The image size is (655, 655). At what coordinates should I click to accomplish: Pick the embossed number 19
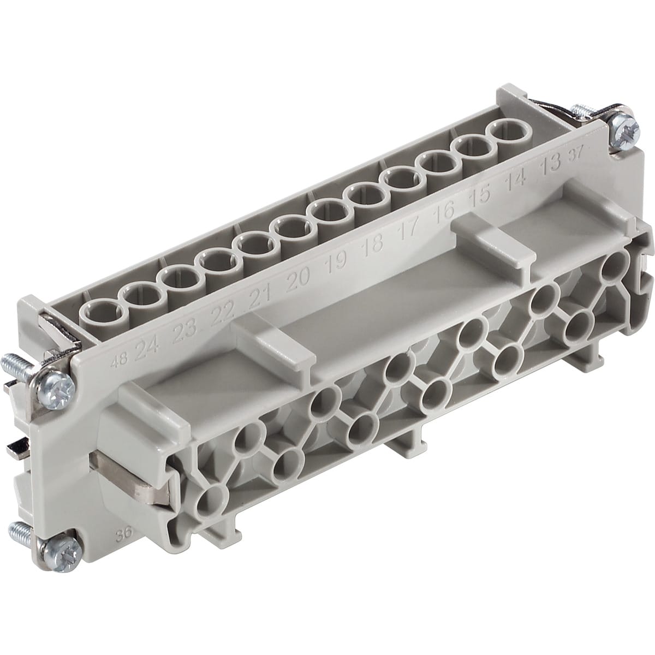point(335,263)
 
